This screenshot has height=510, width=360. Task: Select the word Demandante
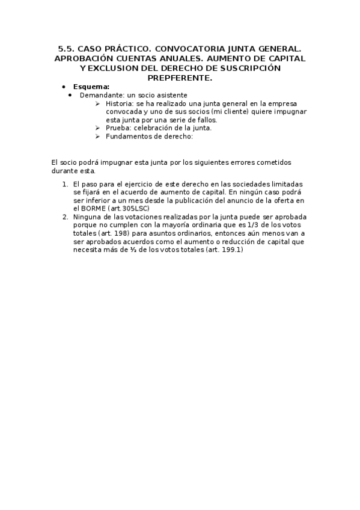pyautogui.click(x=99, y=95)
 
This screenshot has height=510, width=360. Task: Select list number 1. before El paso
pyautogui.click(x=65, y=183)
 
